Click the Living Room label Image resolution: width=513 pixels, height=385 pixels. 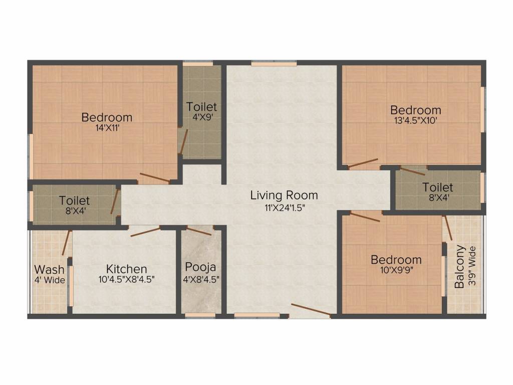(284, 195)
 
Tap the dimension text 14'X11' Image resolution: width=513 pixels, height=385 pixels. (107, 128)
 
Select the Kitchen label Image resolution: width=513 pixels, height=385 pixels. (126, 269)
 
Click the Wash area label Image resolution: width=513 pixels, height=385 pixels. (49, 270)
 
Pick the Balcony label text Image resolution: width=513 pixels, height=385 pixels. (460, 267)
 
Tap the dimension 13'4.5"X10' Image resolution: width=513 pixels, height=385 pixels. (415, 120)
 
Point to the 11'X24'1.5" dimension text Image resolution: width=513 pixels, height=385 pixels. (285, 208)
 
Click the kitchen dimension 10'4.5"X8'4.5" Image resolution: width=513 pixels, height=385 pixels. (126, 280)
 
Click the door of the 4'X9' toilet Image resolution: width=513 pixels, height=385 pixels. (183, 141)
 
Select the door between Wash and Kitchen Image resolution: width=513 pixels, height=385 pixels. (67, 243)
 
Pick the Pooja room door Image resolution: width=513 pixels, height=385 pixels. (199, 231)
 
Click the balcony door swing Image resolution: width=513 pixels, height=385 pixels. (448, 228)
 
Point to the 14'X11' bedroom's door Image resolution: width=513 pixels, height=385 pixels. (155, 177)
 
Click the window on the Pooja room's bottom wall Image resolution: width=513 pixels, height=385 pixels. (200, 315)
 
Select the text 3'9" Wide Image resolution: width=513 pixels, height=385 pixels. (472, 267)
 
